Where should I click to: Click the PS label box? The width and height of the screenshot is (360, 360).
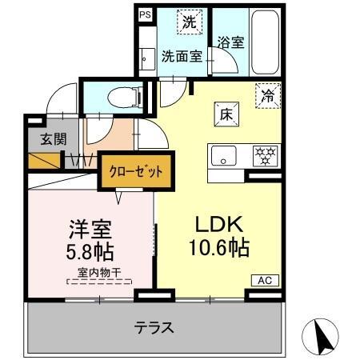[x=145, y=14]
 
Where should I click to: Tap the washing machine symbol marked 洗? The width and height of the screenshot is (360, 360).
[x=189, y=23]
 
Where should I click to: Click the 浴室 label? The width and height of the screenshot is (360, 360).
[x=230, y=43]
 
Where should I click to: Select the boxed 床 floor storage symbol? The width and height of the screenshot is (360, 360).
[x=223, y=114]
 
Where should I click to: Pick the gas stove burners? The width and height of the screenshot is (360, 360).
[x=264, y=154]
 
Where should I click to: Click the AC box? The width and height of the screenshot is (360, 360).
[x=264, y=281]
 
